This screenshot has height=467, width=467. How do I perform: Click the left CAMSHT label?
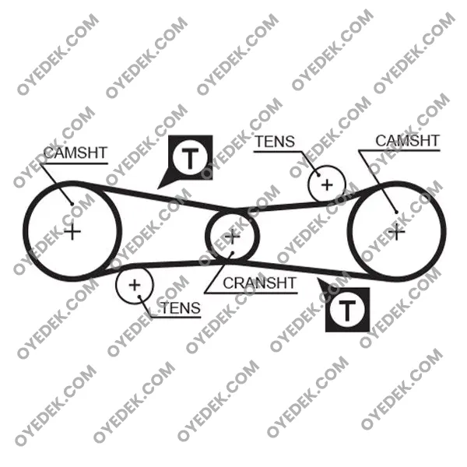pos(75,153)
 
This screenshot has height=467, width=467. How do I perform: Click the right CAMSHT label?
pos(407,141)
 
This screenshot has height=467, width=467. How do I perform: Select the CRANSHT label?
pos(259,283)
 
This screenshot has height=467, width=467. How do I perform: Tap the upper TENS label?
pos(275,142)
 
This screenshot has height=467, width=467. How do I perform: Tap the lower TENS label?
pos(181,307)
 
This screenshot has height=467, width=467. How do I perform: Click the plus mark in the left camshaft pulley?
pos(72,232)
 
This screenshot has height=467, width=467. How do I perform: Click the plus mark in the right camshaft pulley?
pos(397,232)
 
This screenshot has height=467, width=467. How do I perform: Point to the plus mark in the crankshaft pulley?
pos(232,237)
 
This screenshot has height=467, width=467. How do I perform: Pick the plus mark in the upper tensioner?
pos(327,185)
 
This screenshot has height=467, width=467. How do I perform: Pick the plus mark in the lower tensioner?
pos(135,286)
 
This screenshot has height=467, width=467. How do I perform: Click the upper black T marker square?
pos(191,157)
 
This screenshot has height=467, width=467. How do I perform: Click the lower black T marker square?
pos(347,310)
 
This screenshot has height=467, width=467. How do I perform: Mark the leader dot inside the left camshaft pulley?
pos(72,204)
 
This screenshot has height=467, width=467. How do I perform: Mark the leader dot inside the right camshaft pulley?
pos(396,212)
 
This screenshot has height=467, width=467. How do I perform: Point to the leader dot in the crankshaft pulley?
pos(233,253)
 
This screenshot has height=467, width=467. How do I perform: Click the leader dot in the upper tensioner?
pos(318,175)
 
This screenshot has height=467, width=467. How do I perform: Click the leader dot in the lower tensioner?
pos(139,297)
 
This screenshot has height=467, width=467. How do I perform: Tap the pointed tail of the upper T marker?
pos(158,188)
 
